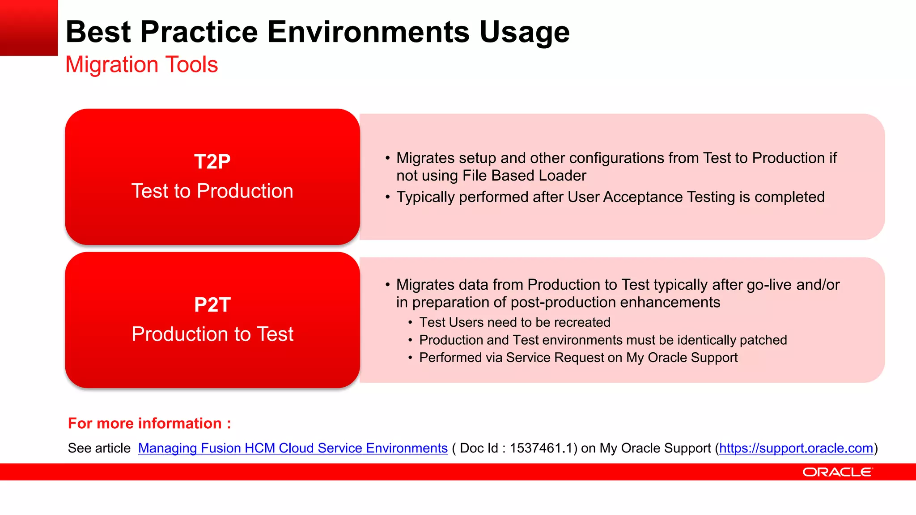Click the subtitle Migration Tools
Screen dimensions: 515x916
tap(141, 64)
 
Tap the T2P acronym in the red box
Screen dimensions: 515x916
tap(212, 162)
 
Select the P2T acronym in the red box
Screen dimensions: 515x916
tap(212, 305)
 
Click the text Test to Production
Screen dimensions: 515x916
tap(212, 191)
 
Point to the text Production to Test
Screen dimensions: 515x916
tap(212, 334)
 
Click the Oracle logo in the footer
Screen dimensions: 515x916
tap(837, 472)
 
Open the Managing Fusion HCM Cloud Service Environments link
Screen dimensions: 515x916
tap(293, 448)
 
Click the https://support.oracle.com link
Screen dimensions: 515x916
tap(796, 448)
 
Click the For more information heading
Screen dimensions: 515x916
tap(149, 423)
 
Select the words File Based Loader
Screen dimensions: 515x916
tap(524, 176)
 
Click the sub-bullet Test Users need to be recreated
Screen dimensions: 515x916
tap(514, 322)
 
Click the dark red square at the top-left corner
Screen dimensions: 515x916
tap(29, 28)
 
